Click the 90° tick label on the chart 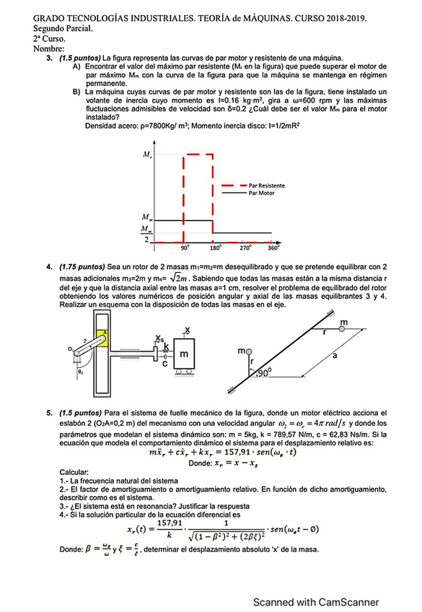pyautogui.click(x=185, y=248)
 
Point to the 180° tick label pyautogui.click(x=216, y=248)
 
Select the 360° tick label pyautogui.click(x=273, y=248)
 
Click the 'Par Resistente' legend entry pyautogui.click(x=267, y=185)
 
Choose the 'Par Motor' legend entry pyautogui.click(x=262, y=193)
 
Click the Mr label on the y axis pyautogui.click(x=147, y=154)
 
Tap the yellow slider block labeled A pyautogui.click(x=102, y=338)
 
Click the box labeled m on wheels pyautogui.click(x=184, y=354)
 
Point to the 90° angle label pyautogui.click(x=264, y=372)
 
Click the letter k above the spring pyautogui.click(x=167, y=346)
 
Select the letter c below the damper pyautogui.click(x=165, y=364)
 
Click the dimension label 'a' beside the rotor pyautogui.click(x=335, y=356)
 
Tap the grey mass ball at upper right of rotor pyautogui.click(x=342, y=329)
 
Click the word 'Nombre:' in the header pyautogui.click(x=49, y=49)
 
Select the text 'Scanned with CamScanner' pyautogui.click(x=316, y=602)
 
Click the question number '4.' pyautogui.click(x=49, y=267)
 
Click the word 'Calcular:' pyautogui.click(x=74, y=472)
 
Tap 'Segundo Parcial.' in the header pyautogui.click(x=63, y=28)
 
